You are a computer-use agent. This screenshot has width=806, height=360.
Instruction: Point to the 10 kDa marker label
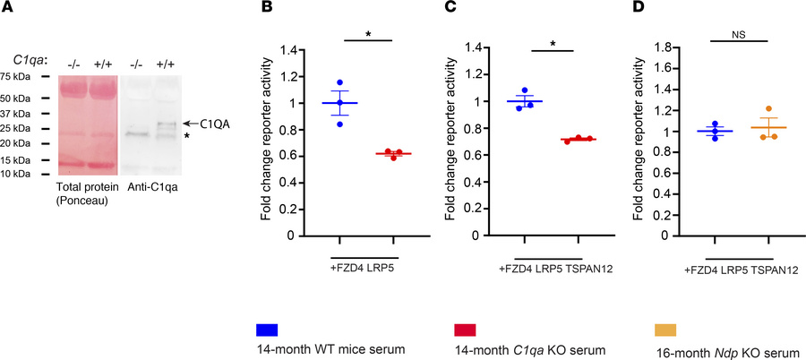click(16, 173)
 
